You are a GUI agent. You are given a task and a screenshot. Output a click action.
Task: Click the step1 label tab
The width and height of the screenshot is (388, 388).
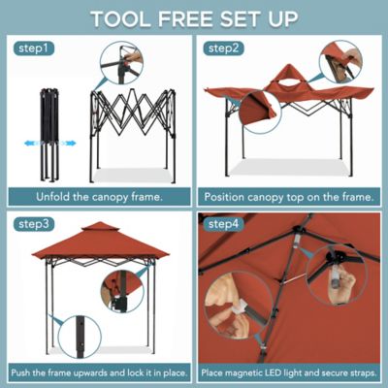pyautogui.click(x=34, y=48)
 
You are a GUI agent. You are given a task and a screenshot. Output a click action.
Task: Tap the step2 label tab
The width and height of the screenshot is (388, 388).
pyautogui.click(x=225, y=48)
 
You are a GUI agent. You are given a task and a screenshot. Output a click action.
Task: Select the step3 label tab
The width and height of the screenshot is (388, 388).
pyautogui.click(x=34, y=224)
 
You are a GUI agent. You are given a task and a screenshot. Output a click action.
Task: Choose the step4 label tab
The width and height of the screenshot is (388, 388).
pyautogui.click(x=225, y=224)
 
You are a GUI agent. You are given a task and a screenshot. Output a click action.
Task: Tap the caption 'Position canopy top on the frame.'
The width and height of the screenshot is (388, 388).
pyautogui.click(x=289, y=197)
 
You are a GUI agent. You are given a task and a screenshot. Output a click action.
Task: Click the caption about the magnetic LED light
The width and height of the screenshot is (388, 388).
pyautogui.click(x=289, y=372)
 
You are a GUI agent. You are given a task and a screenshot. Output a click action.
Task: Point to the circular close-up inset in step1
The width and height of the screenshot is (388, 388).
pyautogui.click(x=120, y=62)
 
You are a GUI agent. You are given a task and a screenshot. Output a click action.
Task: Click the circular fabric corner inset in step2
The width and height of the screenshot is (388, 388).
pyautogui.click(x=259, y=112)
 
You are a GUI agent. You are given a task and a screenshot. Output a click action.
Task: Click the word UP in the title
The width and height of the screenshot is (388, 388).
pyautogui.click(x=286, y=17)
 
